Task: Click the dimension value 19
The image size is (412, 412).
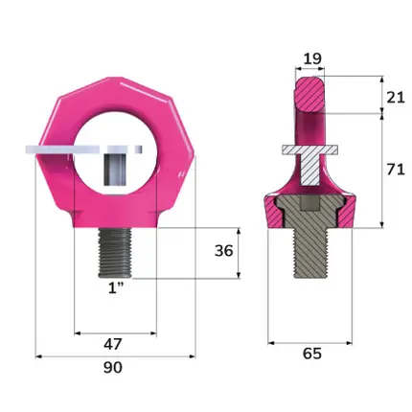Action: click(312, 58)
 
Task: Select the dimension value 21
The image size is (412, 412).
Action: click(396, 97)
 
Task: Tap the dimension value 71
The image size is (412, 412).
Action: click(396, 170)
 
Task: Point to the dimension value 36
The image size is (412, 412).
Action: click(223, 251)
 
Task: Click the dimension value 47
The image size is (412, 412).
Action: click(113, 344)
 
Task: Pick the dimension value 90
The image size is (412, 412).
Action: click(113, 368)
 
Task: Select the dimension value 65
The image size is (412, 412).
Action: click(312, 354)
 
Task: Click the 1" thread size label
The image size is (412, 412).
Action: click(116, 288)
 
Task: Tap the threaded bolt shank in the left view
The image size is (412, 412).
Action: click(114, 253)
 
